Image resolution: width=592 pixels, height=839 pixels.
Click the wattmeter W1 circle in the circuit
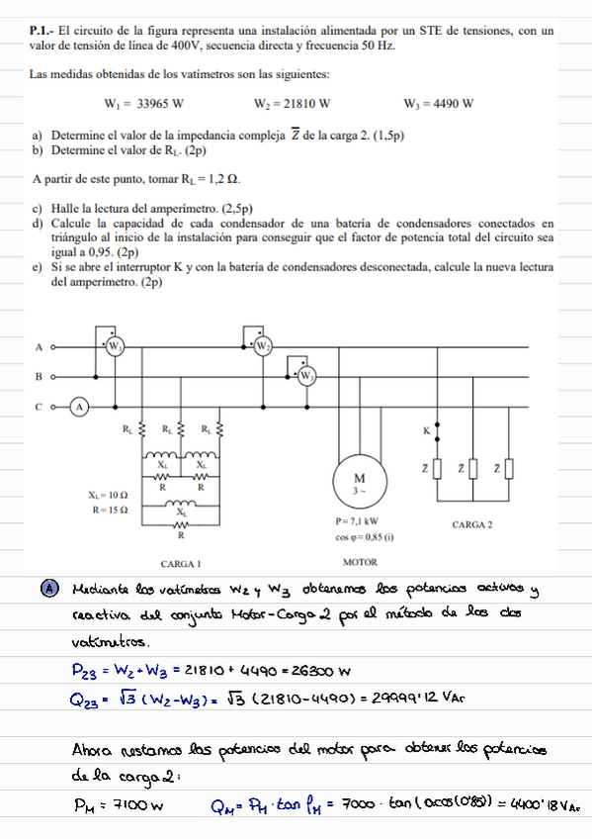point(115,345)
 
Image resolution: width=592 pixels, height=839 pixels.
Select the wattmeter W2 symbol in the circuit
point(263,346)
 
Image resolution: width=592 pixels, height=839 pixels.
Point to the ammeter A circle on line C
point(81,406)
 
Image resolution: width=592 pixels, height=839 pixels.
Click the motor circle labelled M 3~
point(360,482)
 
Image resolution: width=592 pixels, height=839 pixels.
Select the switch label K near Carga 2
point(426,430)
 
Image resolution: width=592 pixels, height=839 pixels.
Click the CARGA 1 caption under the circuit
point(180,563)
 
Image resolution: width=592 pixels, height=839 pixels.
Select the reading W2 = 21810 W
point(292,103)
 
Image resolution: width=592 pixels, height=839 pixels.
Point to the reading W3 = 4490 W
point(439,103)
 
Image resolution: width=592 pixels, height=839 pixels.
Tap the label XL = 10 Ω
point(109,494)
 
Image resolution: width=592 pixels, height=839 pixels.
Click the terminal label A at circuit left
point(39,347)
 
